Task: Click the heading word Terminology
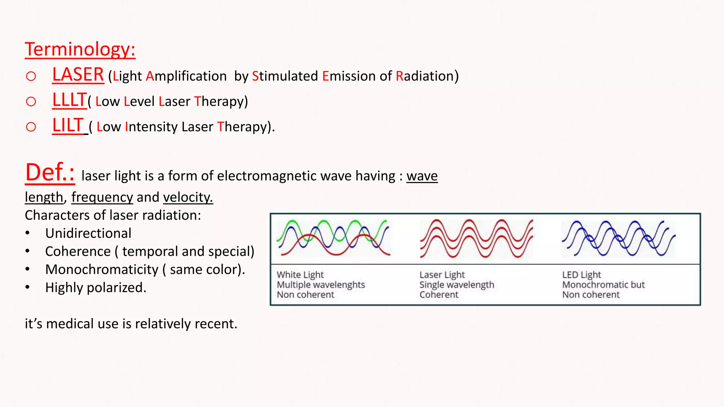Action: tap(80, 49)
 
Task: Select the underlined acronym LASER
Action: tap(78, 75)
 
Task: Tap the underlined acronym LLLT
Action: tap(69, 100)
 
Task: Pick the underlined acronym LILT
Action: tap(68, 126)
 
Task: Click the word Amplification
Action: tap(186, 76)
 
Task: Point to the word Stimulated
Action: tap(285, 76)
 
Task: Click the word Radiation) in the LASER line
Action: tap(427, 76)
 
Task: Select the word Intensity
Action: tap(151, 127)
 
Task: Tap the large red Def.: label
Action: tap(50, 173)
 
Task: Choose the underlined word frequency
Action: tap(102, 197)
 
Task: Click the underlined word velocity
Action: tap(188, 197)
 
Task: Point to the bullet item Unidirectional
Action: tap(88, 234)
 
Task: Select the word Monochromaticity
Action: tap(102, 270)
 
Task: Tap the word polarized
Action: tap(116, 288)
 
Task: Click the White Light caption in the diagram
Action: tap(300, 275)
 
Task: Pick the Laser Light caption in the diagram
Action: tap(442, 275)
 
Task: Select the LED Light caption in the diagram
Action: tap(582, 275)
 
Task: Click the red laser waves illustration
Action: tap(477, 238)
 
